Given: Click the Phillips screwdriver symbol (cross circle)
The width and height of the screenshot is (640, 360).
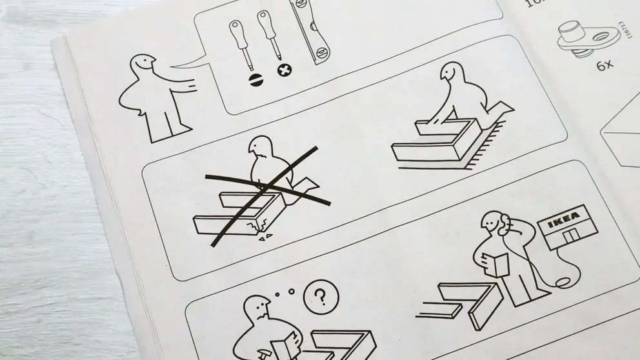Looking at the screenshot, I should (283, 70).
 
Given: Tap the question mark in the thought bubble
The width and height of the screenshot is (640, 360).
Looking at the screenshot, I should (317, 297).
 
